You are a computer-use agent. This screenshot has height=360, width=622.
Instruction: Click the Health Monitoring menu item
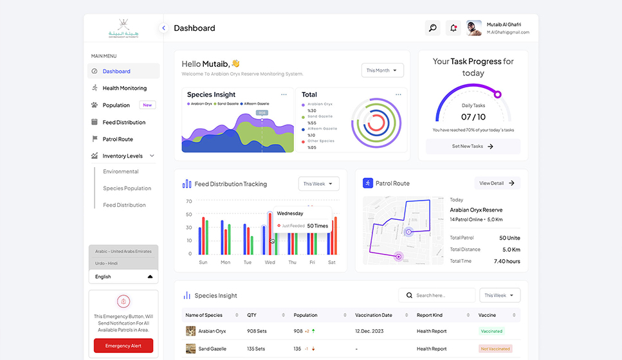click(124, 88)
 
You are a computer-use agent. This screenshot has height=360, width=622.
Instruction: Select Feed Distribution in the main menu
click(123, 122)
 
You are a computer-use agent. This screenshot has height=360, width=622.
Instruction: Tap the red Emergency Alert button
click(123, 346)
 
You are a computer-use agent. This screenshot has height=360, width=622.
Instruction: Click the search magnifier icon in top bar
click(433, 28)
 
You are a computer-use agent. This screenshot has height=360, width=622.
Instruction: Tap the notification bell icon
click(453, 28)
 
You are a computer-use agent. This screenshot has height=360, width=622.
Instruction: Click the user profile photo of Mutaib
click(474, 28)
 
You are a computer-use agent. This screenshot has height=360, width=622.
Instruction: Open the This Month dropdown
click(382, 71)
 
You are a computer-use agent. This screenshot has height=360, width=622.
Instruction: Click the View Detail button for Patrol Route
click(497, 183)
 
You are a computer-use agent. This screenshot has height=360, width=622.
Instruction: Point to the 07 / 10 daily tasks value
click(473, 117)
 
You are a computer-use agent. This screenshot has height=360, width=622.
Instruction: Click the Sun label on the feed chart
click(203, 262)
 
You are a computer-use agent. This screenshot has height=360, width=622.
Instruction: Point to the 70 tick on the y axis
click(188, 201)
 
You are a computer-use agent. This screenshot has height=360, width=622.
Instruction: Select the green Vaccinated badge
click(491, 331)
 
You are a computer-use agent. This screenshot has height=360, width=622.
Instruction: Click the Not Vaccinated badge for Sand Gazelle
click(495, 349)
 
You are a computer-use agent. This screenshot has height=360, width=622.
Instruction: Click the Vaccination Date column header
click(373, 315)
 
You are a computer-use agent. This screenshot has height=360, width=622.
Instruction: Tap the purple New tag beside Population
click(147, 105)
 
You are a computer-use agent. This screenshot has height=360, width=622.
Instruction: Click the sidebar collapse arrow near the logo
click(163, 28)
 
